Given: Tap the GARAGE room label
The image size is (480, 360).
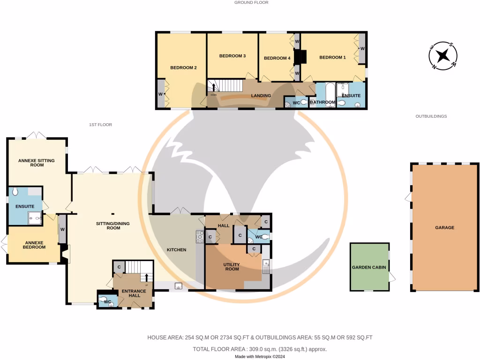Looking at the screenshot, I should [x=444, y=227].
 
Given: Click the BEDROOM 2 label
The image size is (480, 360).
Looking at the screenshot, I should [x=183, y=67].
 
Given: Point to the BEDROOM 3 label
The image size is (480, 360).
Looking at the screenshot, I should [x=232, y=56].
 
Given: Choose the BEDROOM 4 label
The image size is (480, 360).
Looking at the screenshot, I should [x=277, y=58].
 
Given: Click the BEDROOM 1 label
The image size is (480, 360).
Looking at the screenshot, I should [x=332, y=57].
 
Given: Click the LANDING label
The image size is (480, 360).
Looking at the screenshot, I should [x=261, y=96].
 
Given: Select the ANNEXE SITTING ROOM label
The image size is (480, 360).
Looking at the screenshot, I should [x=37, y=163].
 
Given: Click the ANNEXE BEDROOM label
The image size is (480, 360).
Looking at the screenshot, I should [x=34, y=245].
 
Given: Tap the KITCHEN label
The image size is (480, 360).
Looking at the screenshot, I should [x=177, y=250].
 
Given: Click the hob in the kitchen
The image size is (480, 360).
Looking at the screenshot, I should [x=200, y=237].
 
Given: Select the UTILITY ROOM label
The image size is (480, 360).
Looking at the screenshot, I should [x=232, y=266].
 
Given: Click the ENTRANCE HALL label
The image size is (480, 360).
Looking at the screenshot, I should [x=134, y=293].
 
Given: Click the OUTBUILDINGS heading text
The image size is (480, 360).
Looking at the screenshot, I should [x=431, y=116].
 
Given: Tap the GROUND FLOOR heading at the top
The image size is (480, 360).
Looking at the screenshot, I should [x=251, y=2].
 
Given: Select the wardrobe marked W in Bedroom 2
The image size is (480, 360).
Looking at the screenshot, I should [x=161, y=94].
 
